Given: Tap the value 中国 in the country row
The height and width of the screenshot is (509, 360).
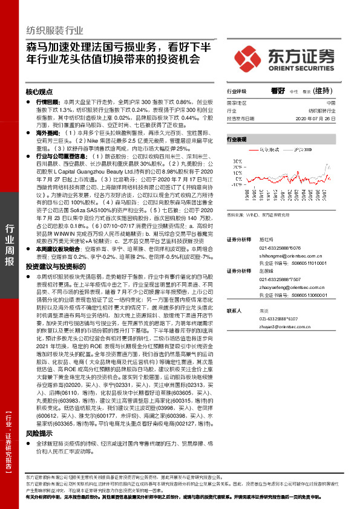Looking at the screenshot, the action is [x=330, y=103].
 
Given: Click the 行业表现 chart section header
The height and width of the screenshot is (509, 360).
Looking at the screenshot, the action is [x=237, y=140].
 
